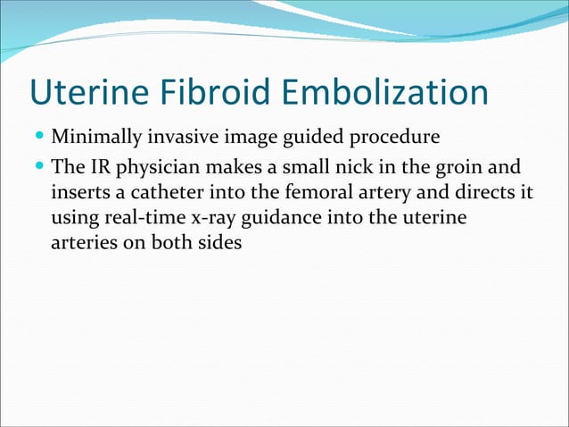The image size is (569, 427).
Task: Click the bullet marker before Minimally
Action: [x=40, y=138]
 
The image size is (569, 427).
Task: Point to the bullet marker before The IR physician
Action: [x=40, y=168]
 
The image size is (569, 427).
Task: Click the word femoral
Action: [x=295, y=193]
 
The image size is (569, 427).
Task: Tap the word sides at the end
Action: [x=221, y=242]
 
